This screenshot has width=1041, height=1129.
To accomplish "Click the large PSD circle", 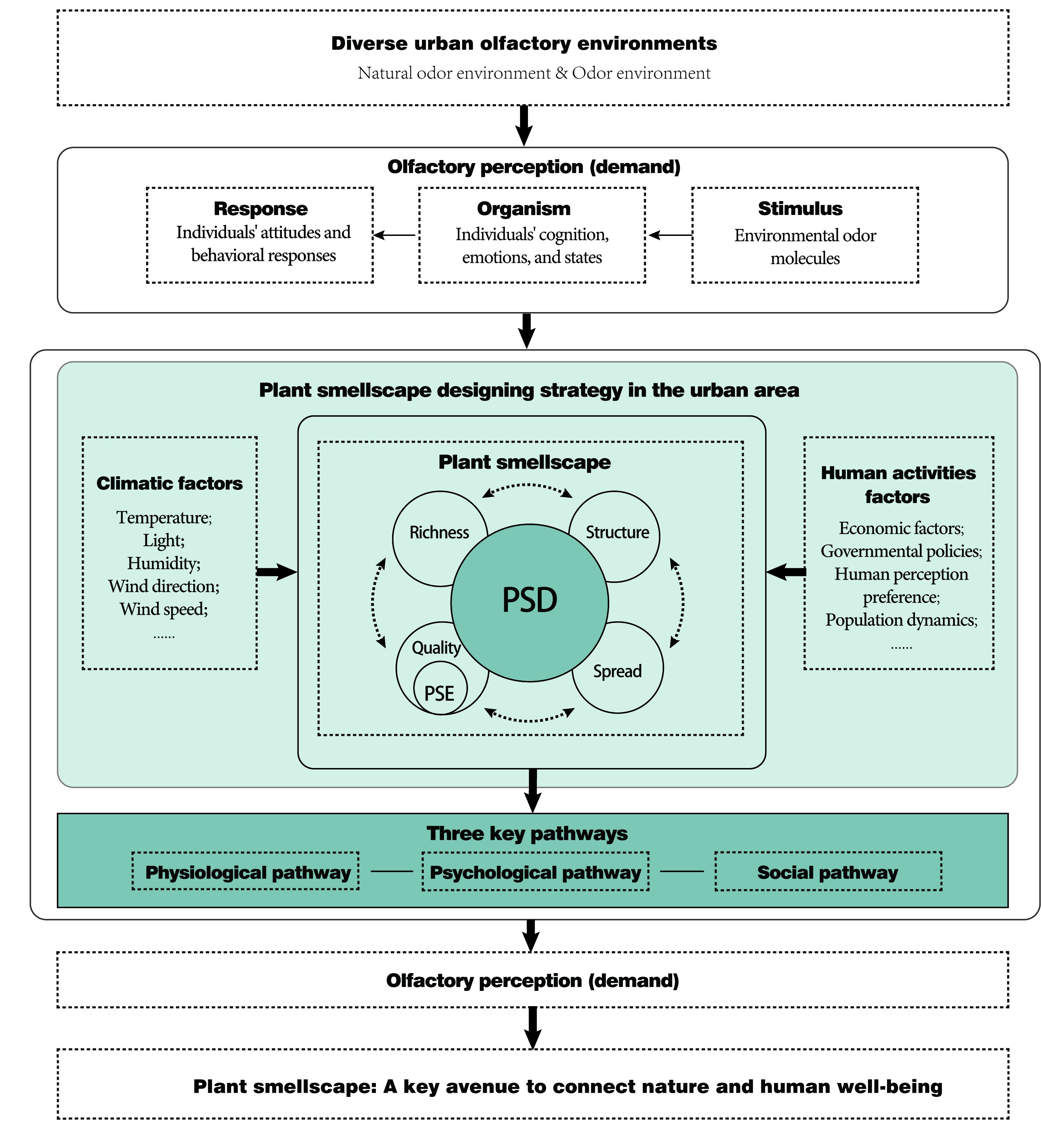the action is tap(530, 603).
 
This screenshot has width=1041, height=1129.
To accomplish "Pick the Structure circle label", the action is tap(617, 532).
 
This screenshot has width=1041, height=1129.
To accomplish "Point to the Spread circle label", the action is tap(617, 671).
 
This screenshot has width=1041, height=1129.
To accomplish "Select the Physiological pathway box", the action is tap(246, 871).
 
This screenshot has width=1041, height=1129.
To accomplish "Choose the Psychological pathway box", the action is tap(535, 871).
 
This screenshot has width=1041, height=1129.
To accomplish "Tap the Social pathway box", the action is tap(828, 871).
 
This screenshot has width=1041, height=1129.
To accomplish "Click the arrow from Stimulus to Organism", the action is tap(670, 235).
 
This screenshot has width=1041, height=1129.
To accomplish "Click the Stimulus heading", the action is tap(800, 209).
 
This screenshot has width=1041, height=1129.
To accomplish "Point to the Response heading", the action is tap(261, 209).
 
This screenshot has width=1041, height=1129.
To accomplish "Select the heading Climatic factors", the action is tap(170, 483).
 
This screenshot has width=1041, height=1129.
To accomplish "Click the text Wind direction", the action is tap(163, 586).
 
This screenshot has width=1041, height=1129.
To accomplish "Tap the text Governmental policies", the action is tap(901, 551).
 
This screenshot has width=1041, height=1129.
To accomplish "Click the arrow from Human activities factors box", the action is tap(786, 572).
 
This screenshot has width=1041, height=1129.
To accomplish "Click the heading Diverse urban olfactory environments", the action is tap(524, 43).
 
